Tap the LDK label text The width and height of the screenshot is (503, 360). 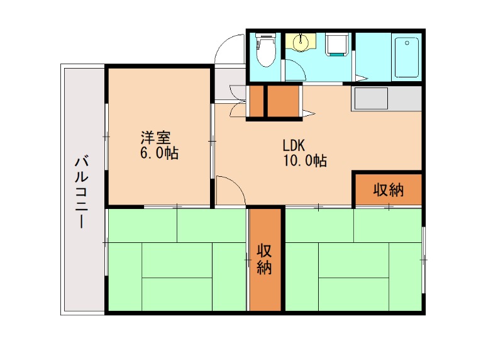point(293,144)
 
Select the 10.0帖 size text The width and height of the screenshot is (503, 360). point(304,161)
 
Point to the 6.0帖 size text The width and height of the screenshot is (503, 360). point(159,153)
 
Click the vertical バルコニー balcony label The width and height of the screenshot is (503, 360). point(82,192)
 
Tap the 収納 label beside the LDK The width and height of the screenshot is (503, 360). point(387,189)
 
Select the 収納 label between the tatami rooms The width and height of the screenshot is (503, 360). point(264,259)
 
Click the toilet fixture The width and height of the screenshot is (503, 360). point(267,50)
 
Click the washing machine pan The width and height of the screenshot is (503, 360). point(338,44)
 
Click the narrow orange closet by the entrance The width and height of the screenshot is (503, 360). point(257,101)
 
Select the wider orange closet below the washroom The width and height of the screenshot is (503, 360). point(285,101)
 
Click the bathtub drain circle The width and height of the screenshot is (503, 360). point(408,43)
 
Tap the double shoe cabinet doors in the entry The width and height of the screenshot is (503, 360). point(238,101)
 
